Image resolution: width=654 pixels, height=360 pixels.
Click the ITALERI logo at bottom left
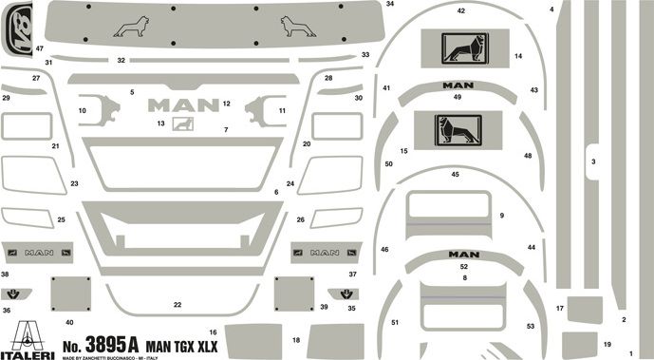click(x=27, y=337)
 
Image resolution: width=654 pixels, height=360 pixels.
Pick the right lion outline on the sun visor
click(x=298, y=27)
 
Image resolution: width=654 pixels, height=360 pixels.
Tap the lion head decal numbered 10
click(x=98, y=110)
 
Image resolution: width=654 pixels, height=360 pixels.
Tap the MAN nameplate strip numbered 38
click(x=39, y=254)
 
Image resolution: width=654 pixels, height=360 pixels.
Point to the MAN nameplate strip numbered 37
click(x=326, y=253)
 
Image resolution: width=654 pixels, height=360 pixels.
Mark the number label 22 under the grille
click(x=177, y=305)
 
